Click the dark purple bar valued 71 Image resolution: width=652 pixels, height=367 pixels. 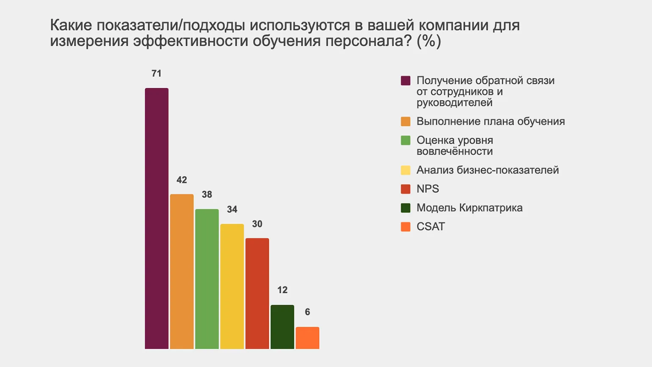coord(157,218)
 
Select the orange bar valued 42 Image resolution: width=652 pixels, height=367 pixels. coord(182,271)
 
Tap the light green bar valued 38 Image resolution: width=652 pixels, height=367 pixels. coord(207,279)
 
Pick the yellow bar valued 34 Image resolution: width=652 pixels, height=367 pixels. coord(232,286)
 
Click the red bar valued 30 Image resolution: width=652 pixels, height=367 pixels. coord(257,293)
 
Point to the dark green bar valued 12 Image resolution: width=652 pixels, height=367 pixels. coord(282,327)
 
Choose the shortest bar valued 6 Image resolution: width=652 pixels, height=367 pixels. coord(307,338)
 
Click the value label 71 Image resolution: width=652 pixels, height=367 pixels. coord(157,74)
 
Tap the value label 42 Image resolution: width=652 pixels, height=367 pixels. coord(182,180)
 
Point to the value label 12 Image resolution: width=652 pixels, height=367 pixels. coord(282,290)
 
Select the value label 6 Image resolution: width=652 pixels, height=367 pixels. coord(307,312)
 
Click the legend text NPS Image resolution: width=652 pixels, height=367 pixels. coord(428,189)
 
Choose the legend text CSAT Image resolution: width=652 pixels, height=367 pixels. coord(431,227)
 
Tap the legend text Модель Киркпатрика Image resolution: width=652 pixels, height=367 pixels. coord(469,208)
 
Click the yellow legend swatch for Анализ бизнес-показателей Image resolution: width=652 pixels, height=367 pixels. coord(406,170)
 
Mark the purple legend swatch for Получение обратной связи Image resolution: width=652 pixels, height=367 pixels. coord(406,81)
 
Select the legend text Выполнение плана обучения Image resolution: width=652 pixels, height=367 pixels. coord(490,122)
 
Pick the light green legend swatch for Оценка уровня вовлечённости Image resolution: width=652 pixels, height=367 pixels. coord(406,140)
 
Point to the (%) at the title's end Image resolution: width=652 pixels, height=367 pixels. coord(429,42)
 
